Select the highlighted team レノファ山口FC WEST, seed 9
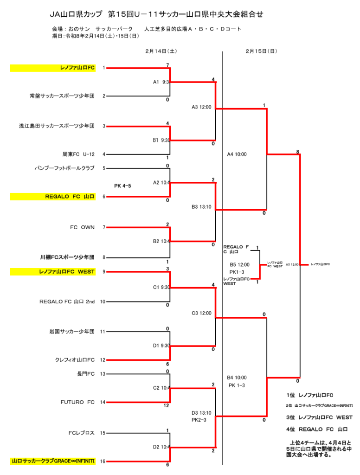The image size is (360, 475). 67,272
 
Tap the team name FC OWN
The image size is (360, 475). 82,227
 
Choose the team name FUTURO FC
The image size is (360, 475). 77,402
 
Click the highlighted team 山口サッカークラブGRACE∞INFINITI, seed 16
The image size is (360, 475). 53,462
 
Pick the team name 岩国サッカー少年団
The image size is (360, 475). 72,332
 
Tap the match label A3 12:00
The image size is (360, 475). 201,107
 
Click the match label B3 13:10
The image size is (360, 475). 201,207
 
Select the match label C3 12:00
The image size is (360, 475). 201,313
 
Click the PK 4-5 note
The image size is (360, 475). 122,186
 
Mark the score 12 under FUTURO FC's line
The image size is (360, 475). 166,406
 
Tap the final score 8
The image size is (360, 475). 297,151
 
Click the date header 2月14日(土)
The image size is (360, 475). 161,51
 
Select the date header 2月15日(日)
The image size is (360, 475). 261,51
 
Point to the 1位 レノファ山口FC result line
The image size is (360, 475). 309,395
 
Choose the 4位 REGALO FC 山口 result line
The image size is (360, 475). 317,429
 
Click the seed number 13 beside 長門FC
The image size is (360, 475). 103,374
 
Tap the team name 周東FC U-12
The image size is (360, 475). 78,154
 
